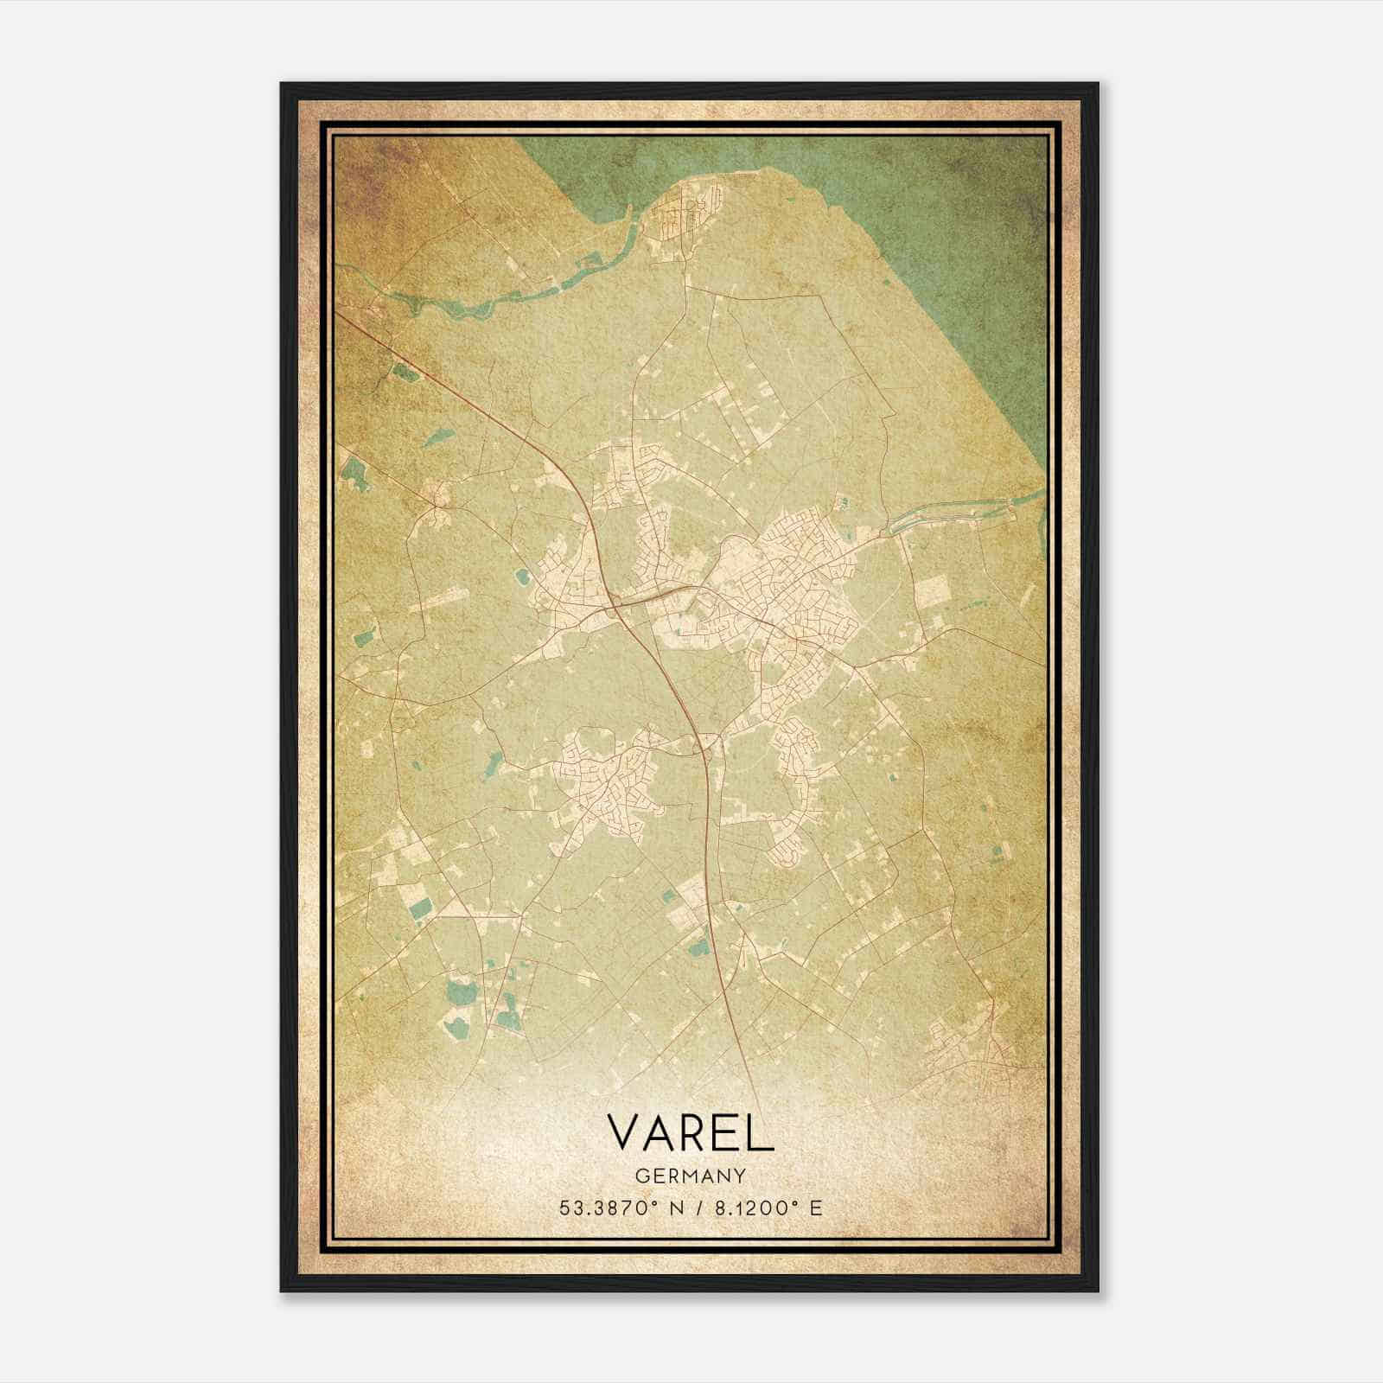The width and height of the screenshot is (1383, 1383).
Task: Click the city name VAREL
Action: point(690,1132)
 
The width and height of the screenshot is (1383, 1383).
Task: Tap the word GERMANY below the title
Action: point(690,1176)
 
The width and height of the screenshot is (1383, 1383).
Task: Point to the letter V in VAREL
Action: point(625,1132)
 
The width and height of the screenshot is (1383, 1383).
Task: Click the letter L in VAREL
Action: point(761,1132)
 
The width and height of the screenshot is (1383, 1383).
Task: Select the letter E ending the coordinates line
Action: point(816,1208)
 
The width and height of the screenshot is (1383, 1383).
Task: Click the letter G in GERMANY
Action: point(641,1176)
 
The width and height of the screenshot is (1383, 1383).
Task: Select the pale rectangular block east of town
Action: point(931,591)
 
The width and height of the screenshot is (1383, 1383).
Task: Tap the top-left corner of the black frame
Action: point(283,85)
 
